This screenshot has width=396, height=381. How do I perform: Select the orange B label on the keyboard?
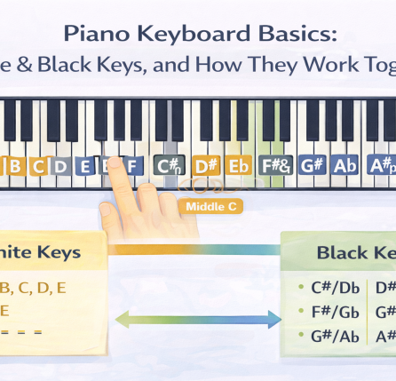pos(15,166)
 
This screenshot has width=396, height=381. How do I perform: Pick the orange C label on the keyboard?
pos(38,166)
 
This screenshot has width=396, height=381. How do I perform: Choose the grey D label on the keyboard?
pos(60,166)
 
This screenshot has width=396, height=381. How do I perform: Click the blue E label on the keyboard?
pos(85,166)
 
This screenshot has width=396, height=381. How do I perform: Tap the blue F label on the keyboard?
pos(132,166)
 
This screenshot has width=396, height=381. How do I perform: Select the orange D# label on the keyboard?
pos(206,166)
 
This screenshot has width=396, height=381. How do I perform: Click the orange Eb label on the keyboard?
pos(239,166)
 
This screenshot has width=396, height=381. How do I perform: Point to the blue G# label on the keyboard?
pos(312,166)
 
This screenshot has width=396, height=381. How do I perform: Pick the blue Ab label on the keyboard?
pos(345,166)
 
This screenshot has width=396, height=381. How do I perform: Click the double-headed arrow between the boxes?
pos(198,318)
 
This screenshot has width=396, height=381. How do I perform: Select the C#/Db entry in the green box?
pos(335,287)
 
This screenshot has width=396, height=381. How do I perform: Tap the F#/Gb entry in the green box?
pos(335,312)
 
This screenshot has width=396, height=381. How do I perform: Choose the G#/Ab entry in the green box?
pos(335,336)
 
